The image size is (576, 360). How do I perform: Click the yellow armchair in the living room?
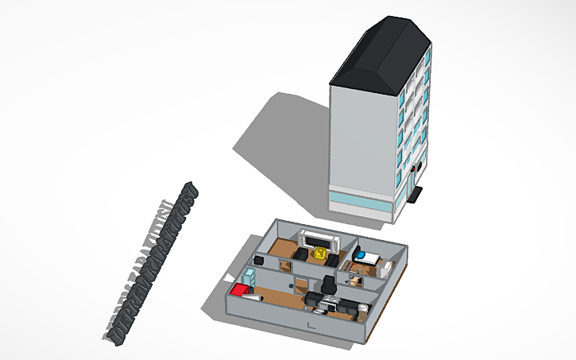point(320,254)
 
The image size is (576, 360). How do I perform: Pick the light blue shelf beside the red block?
point(249,277)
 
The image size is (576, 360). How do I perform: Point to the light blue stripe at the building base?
point(361,200)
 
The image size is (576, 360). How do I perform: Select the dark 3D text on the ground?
point(151,266)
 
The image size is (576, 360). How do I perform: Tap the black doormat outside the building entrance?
point(417,194)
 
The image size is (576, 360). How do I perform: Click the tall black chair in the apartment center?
point(328,284)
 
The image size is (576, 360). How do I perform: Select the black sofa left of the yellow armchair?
point(302,254)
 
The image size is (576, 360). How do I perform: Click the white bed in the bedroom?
point(369,257)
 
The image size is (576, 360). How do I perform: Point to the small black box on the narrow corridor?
point(260,261)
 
